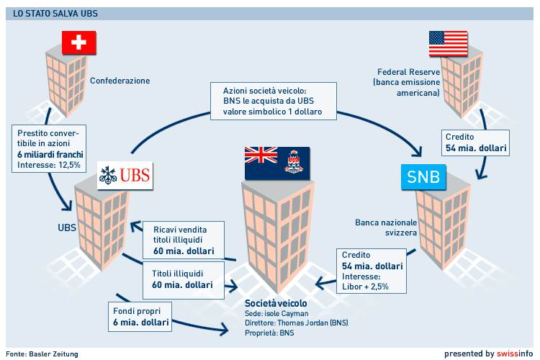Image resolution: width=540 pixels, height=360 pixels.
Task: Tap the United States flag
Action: pos(447,43)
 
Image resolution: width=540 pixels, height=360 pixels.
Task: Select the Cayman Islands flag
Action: pos(278,163)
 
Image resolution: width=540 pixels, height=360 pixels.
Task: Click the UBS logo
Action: pos(125,175)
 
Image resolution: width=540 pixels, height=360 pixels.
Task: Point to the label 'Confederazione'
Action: pos(120,81)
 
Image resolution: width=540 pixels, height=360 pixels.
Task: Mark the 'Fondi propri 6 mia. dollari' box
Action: pos(137,318)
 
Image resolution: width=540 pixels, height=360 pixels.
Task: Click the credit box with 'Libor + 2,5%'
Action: pos(372,271)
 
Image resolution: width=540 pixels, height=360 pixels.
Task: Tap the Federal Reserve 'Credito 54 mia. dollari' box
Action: pos(476,143)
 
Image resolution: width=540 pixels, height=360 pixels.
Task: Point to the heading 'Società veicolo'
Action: pos(275,303)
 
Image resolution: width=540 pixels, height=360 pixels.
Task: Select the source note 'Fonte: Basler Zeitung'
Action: pos(43,354)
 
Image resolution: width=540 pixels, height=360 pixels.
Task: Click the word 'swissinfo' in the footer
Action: pos(516,354)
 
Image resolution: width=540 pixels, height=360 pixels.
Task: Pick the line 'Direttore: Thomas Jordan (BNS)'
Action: pos(296,324)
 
